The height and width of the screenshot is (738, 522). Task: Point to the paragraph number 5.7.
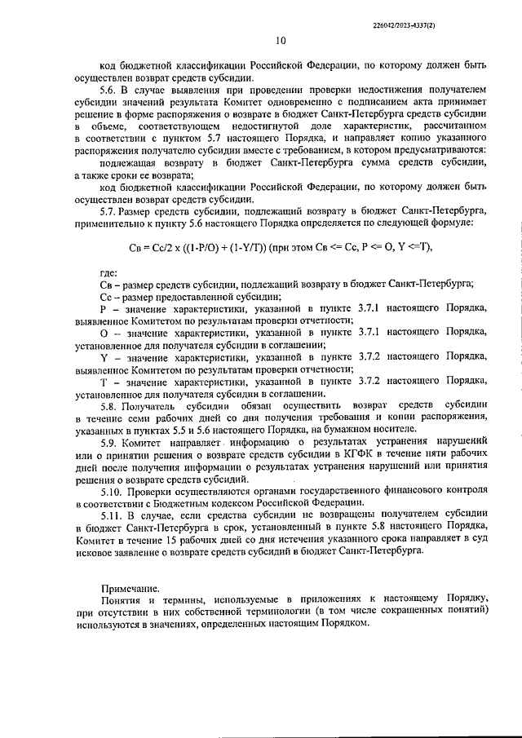[x=108, y=210]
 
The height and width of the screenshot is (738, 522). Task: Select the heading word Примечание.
[x=130, y=587]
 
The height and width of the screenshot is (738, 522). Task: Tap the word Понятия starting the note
[x=122, y=599]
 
